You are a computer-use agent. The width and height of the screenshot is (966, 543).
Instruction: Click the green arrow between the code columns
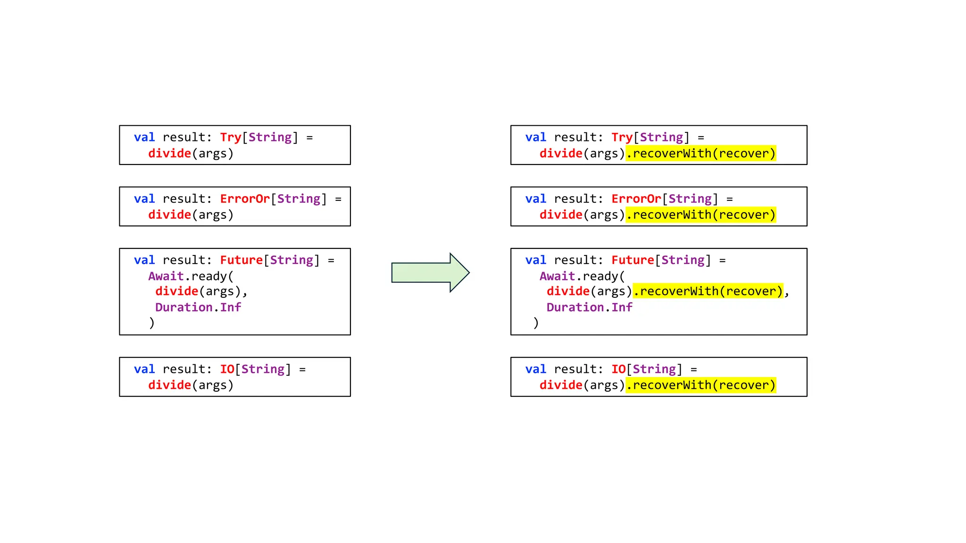[429, 272]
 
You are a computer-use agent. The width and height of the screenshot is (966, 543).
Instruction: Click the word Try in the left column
[230, 137]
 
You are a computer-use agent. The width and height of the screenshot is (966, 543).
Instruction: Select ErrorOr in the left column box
[245, 198]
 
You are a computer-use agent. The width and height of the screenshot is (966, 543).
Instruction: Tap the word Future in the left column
[241, 260]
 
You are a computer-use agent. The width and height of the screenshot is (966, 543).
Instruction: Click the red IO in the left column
[227, 369]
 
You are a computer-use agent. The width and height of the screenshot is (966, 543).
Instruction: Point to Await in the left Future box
[166, 276]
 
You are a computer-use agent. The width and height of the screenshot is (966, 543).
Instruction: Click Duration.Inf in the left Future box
[198, 307]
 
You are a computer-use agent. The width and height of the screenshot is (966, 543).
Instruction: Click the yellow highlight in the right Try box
[700, 153]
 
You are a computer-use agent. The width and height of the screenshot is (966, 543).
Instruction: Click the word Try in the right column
[622, 137]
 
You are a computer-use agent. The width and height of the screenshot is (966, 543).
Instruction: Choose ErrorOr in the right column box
[636, 198]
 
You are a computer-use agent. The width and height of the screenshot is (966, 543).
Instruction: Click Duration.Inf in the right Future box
[589, 307]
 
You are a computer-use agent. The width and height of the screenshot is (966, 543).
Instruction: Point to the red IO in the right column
[618, 369]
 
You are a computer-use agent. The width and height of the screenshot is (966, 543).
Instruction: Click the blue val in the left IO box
[144, 369]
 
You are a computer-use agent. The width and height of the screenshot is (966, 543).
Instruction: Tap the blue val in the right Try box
[536, 137]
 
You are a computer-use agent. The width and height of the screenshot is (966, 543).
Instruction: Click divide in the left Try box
[169, 153]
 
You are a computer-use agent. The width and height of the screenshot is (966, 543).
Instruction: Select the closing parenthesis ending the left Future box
[152, 323]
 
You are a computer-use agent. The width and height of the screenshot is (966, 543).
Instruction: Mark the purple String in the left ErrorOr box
[299, 198]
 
